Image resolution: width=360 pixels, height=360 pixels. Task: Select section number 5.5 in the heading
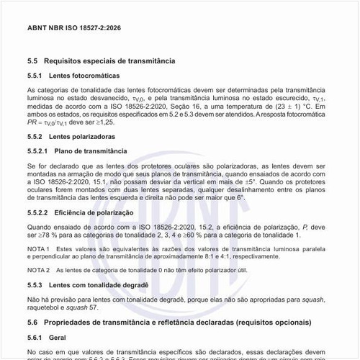(x=32, y=61)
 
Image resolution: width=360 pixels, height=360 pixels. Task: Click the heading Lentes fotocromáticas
(x=85, y=76)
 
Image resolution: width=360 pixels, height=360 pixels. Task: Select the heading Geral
(x=58, y=337)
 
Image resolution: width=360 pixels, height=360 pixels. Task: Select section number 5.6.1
(x=35, y=337)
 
